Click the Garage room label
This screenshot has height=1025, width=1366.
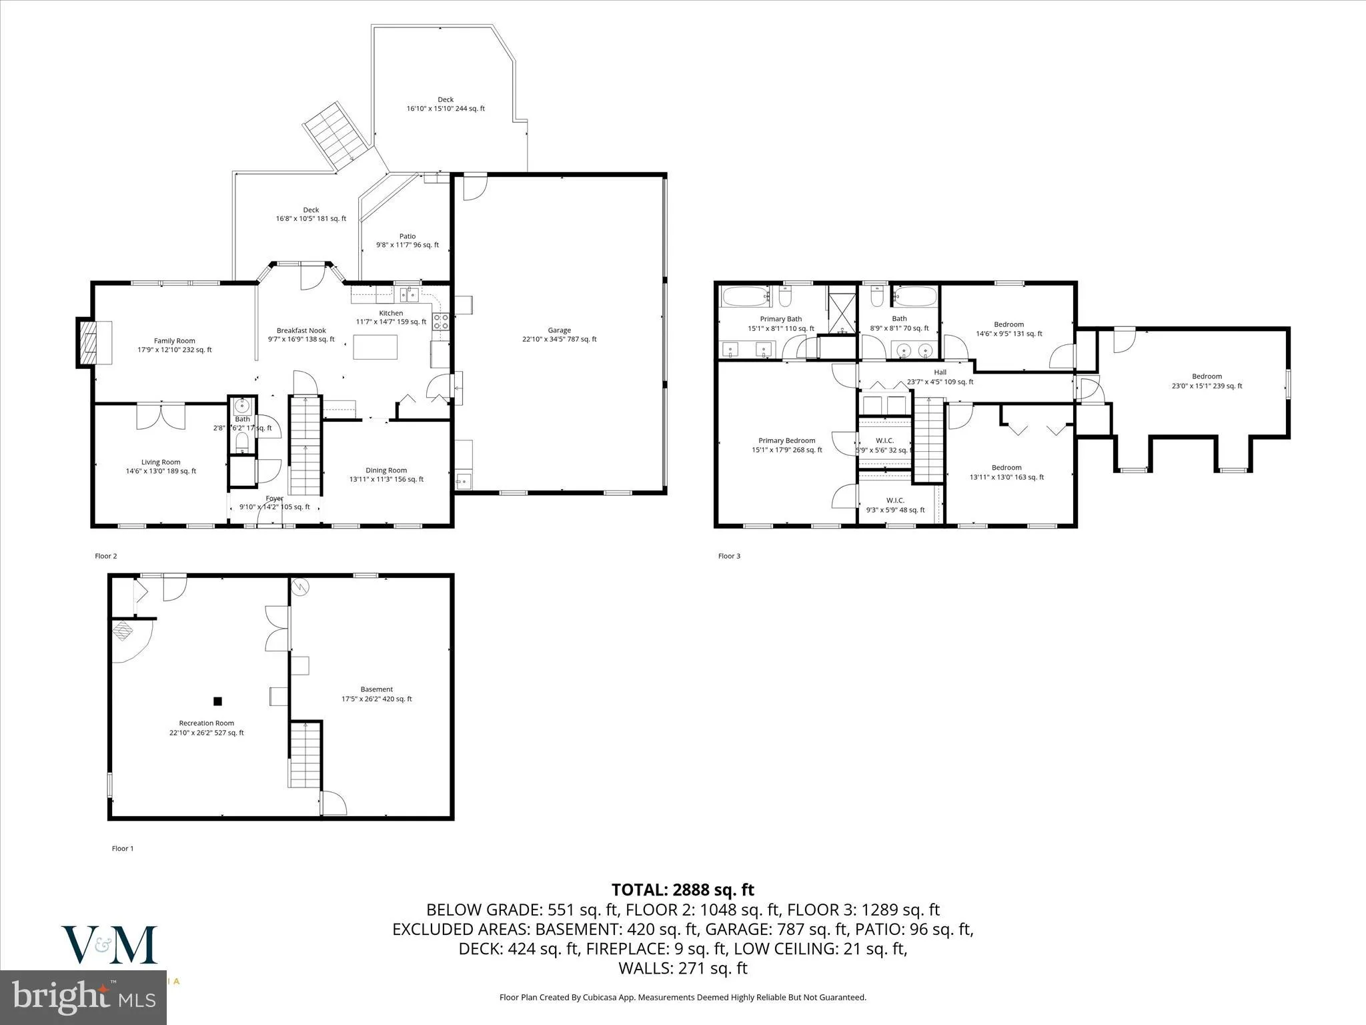pyautogui.click(x=559, y=330)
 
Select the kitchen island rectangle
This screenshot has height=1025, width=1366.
pyautogui.click(x=375, y=347)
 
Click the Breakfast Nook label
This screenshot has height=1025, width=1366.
pyautogui.click(x=301, y=330)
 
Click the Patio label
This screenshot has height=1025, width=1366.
pyautogui.click(x=407, y=236)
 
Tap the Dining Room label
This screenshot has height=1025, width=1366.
pyautogui.click(x=386, y=470)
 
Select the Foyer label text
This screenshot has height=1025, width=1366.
pyautogui.click(x=274, y=498)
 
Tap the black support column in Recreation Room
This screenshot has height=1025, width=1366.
pyautogui.click(x=217, y=701)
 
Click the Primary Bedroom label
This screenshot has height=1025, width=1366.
pyautogui.click(x=786, y=440)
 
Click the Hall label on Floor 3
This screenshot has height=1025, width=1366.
pyautogui.click(x=940, y=372)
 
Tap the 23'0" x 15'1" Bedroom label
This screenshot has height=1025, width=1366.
pyautogui.click(x=1207, y=376)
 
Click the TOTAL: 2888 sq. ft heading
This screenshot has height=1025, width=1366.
pyautogui.click(x=682, y=890)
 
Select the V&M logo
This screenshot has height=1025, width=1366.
pyautogui.click(x=109, y=945)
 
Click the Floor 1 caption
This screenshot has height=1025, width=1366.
pyautogui.click(x=123, y=848)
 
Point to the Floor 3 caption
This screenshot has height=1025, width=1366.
pyautogui.click(x=729, y=556)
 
